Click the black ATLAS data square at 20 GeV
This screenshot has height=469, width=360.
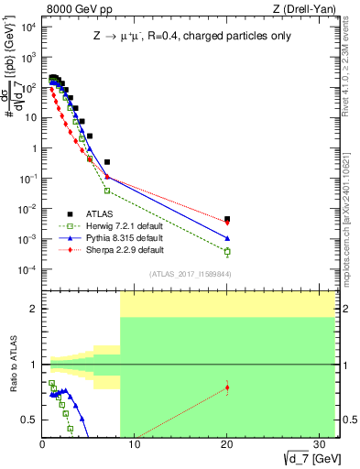(x=227, y=219)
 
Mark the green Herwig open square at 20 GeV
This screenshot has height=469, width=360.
(x=227, y=251)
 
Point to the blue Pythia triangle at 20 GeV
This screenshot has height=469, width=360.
(x=227, y=239)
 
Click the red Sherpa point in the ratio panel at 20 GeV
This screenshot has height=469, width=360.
(x=227, y=387)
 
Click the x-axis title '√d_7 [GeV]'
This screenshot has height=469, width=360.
(x=303, y=459)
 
